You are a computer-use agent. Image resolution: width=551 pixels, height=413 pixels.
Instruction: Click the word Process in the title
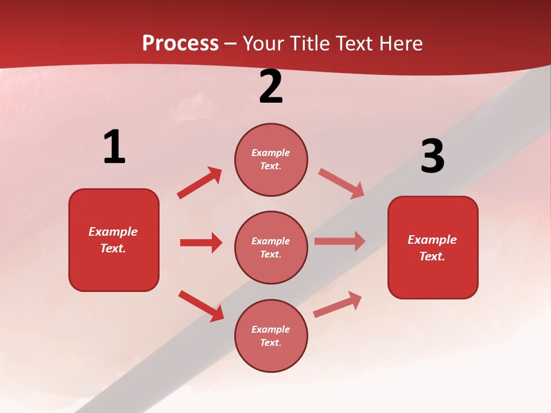[180, 44]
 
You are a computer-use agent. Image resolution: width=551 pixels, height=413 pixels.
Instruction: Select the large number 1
[114, 147]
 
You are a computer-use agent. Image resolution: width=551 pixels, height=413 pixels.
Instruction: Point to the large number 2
[271, 87]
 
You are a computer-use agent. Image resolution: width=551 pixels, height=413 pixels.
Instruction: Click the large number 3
[432, 156]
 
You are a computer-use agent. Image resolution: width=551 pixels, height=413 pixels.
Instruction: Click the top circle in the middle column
[271, 159]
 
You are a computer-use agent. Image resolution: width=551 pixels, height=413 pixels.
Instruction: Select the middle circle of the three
[271, 248]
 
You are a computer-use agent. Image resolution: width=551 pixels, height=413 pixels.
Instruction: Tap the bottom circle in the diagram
[271, 336]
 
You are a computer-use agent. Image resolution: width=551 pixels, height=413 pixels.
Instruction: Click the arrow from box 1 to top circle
[200, 183]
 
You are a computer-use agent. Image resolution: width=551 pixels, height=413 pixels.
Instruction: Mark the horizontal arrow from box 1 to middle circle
[201, 243]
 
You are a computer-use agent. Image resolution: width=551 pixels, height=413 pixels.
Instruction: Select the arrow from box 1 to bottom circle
[201, 306]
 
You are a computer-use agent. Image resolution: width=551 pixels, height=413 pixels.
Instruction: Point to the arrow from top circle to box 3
[342, 184]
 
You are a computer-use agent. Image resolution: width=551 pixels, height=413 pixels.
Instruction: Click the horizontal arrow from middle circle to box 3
[340, 241]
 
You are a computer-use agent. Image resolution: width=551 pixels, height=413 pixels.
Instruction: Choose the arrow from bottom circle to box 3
[337, 305]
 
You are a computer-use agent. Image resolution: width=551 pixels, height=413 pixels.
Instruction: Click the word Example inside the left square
[113, 232]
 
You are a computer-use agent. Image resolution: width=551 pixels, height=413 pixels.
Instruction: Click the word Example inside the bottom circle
[270, 329]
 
